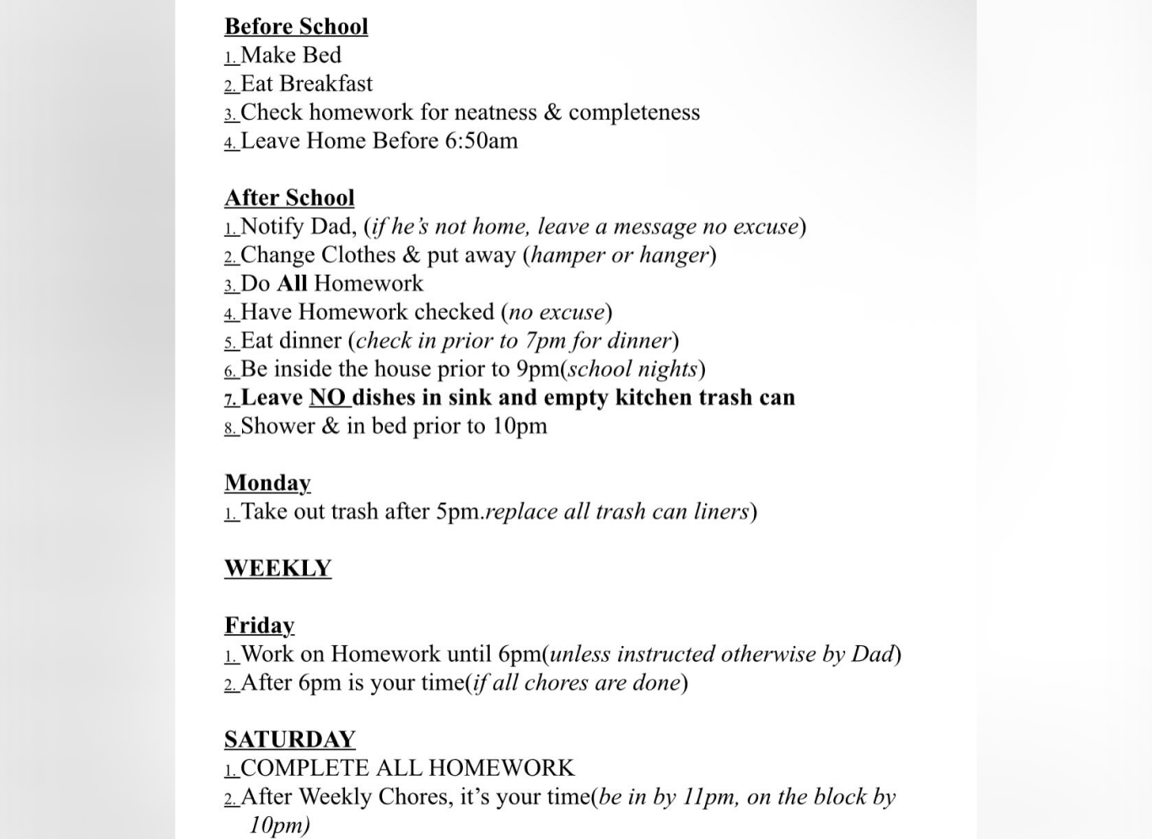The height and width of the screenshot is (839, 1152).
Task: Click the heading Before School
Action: tap(296, 26)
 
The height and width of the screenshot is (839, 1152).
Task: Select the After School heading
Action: tap(289, 197)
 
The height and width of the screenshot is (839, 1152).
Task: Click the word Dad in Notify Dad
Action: tap(331, 226)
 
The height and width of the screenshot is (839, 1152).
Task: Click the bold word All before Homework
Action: tap(292, 283)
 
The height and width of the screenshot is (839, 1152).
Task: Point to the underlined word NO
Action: tap(328, 397)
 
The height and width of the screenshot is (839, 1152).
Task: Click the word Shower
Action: tap(277, 426)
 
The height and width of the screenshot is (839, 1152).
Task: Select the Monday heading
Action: tap(267, 482)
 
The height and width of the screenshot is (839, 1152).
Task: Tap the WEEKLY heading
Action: tap(277, 568)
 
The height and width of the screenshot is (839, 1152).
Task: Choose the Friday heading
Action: tap(260, 625)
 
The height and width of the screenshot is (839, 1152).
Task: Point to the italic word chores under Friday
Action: tap(557, 682)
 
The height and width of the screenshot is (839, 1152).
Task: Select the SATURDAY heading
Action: tap(289, 740)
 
